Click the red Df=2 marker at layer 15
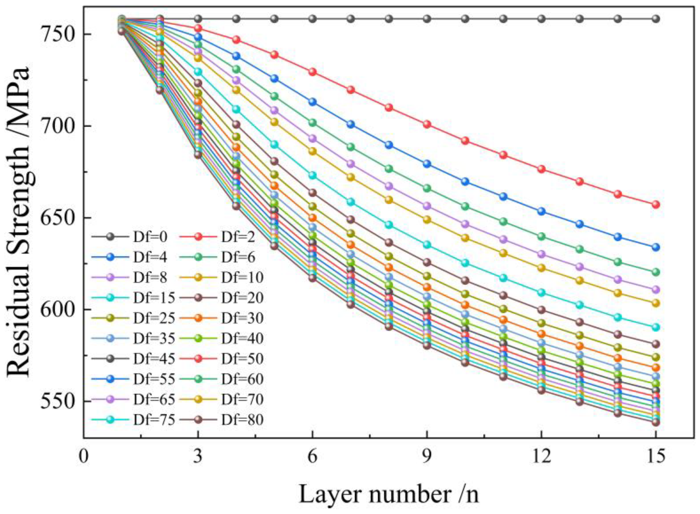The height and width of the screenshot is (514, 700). pos(656,205)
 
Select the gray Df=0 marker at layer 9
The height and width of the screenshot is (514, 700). pos(427,19)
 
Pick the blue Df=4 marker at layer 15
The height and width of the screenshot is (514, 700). pos(656,247)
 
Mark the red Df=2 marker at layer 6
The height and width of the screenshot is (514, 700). pos(312,72)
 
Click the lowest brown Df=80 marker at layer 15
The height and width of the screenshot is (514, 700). pos(656,422)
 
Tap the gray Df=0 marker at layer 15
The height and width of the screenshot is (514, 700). pos(656,19)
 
